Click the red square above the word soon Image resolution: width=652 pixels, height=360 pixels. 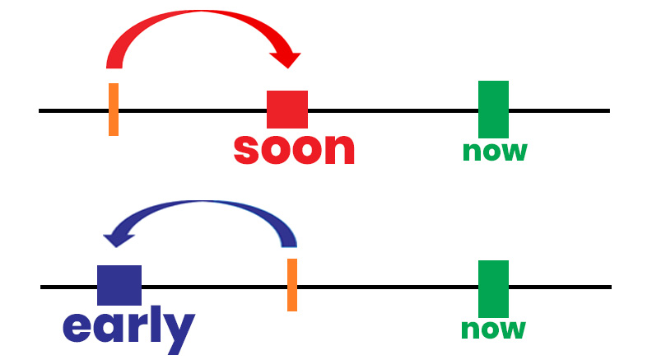287,110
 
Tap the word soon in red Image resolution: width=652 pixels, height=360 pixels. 294,148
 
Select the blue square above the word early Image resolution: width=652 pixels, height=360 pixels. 119,285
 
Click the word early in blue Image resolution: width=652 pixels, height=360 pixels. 128,327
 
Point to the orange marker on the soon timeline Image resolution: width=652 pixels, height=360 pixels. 114,109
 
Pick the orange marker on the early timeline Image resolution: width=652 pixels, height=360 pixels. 292,284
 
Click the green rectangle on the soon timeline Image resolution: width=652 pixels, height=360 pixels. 493,109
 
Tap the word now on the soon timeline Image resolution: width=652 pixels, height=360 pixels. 494,152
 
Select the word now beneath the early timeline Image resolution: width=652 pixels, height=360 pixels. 492,330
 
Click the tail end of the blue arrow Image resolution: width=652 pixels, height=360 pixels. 289,241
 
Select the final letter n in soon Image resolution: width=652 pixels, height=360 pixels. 338,149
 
